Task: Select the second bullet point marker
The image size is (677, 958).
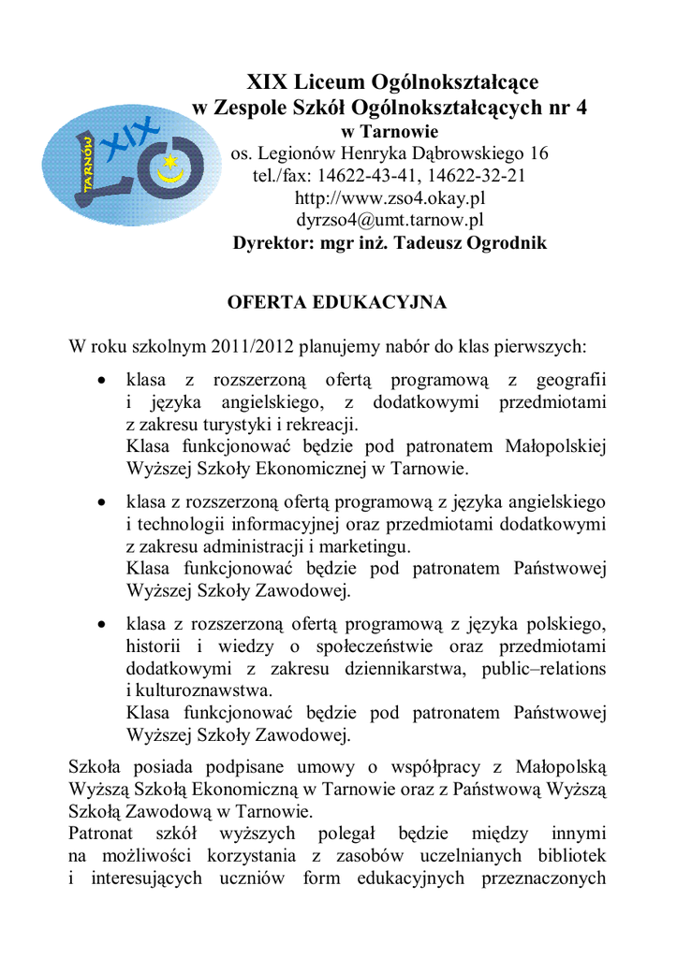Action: [103, 503]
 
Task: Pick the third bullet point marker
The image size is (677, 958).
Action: [103, 624]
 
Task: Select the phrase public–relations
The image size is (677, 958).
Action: [544, 669]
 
